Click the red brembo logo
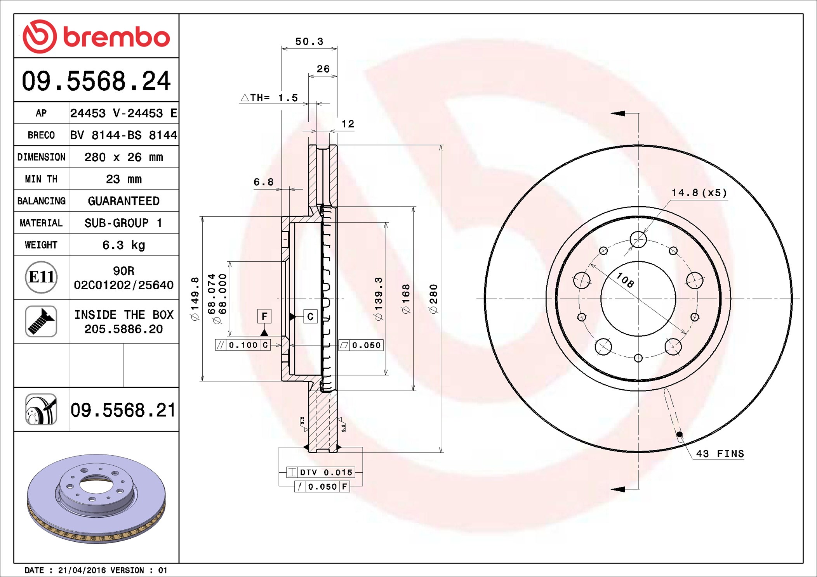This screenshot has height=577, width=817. click(96, 36)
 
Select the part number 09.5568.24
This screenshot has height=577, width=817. click(96, 81)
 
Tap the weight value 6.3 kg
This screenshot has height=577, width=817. click(123, 245)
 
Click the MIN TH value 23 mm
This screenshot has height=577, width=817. click(123, 179)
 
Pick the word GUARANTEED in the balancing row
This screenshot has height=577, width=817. click(123, 201)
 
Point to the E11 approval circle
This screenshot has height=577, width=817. click(41, 277)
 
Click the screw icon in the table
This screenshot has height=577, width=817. click(41, 321)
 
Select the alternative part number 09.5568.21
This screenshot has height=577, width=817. click(123, 410)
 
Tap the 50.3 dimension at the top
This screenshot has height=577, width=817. click(309, 41)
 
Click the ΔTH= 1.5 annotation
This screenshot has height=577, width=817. click(269, 98)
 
